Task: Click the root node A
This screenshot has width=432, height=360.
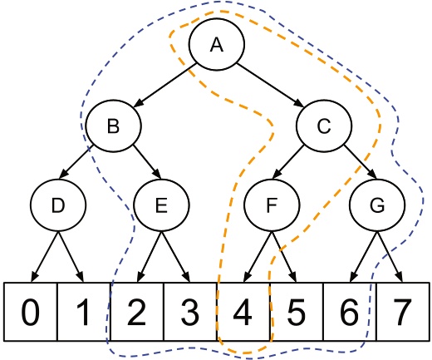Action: pyautogui.click(x=217, y=46)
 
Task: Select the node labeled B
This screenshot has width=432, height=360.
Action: pyautogui.click(x=113, y=126)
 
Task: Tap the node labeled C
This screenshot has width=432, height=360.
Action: pyautogui.click(x=325, y=126)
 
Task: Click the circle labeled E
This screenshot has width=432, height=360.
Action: pyautogui.click(x=163, y=205)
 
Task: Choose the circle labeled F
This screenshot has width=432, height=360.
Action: pyautogui.click(x=271, y=205)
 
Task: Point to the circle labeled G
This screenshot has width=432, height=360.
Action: pyautogui.click(x=377, y=205)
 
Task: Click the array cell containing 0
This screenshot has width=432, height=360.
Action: pyautogui.click(x=31, y=312)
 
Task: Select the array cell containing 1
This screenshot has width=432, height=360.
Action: pyautogui.click(x=84, y=312)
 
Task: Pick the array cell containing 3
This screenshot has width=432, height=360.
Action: pyautogui.click(x=190, y=312)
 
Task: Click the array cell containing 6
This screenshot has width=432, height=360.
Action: pyautogui.click(x=350, y=312)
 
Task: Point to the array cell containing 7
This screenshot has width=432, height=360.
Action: pyautogui.click(x=402, y=312)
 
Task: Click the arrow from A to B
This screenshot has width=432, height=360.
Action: pyautogui.click(x=165, y=86)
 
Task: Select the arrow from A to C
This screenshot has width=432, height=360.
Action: pyautogui.click(x=270, y=86)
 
